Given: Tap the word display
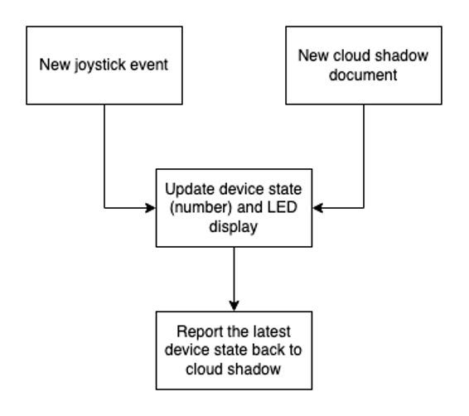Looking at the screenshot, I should point(235,225).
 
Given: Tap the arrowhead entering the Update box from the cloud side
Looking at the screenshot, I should point(318,208).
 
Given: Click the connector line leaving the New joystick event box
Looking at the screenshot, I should point(104,157).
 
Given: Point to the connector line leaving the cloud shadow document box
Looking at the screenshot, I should point(365,157).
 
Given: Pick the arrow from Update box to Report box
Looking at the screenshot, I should point(235,273).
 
